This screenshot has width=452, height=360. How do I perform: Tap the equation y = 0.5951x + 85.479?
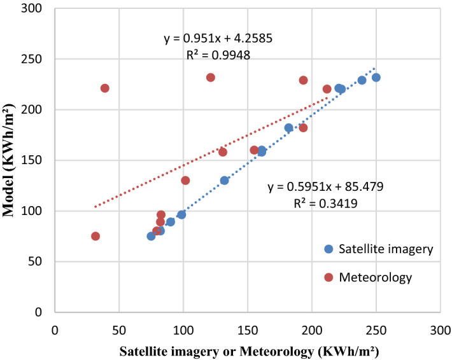325,187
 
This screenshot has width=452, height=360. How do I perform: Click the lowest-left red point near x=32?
95,236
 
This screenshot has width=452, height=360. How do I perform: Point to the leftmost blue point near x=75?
151,236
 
